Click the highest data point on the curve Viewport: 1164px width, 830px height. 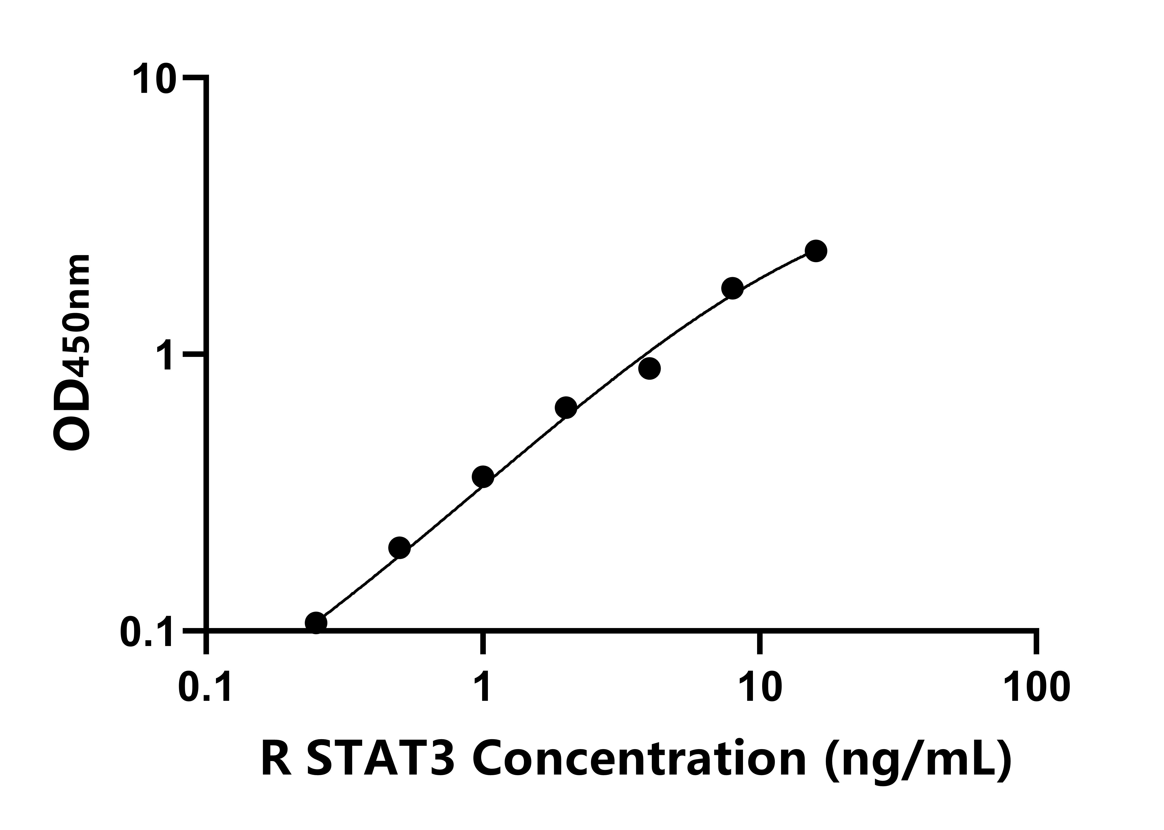tap(816, 250)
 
